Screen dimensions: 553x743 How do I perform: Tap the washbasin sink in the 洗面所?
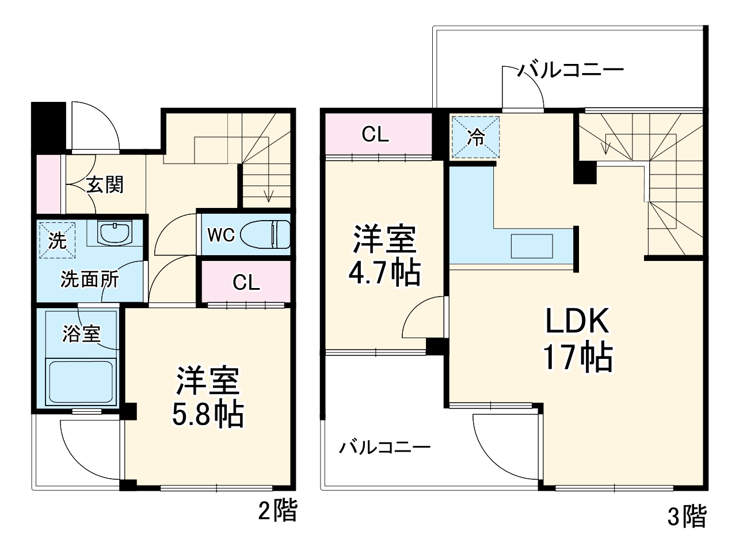[115, 233]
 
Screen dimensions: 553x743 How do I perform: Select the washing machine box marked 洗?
[56, 240]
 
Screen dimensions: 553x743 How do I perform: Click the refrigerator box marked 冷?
[475, 137]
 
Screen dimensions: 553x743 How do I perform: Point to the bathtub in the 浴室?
[82, 382]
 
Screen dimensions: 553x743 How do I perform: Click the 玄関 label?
[105, 184]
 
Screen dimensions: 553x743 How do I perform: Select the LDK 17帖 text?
[577, 339]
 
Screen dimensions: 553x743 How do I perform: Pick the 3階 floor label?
[686, 516]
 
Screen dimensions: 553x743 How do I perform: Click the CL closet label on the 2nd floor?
[246, 282]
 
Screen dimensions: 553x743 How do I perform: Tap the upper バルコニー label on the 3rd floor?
[570, 71]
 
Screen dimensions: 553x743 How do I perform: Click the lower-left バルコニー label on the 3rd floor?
[384, 448]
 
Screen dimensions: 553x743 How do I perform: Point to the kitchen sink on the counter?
[532, 246]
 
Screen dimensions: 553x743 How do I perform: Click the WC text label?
[220, 235]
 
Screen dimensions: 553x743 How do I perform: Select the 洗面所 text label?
[90, 279]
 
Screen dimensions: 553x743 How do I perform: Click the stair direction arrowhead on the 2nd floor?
[268, 199]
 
